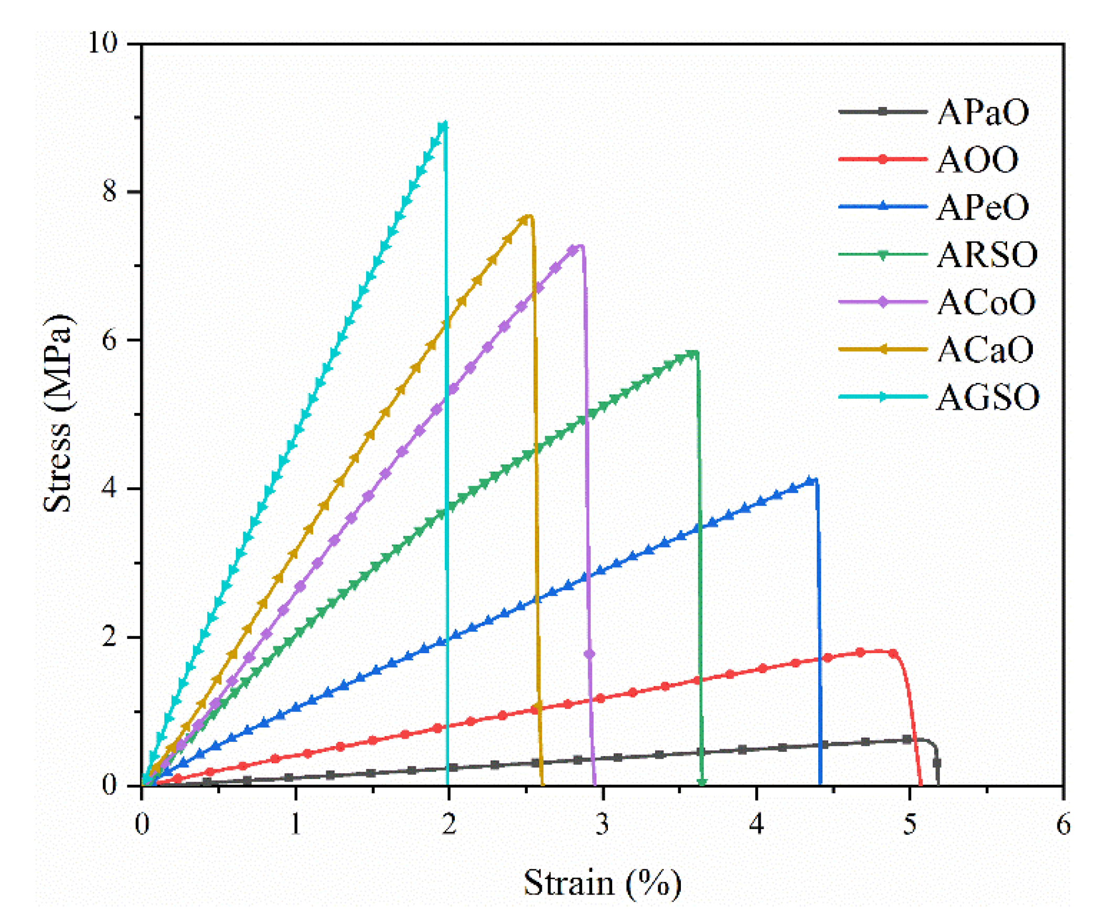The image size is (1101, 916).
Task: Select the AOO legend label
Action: pyautogui.click(x=977, y=159)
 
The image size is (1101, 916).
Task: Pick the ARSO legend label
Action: pyautogui.click(x=987, y=255)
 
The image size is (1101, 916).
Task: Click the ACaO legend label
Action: pyautogui.click(x=985, y=349)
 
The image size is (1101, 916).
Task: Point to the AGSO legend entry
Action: pyautogui.click(x=987, y=397)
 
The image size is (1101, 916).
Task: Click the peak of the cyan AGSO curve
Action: pyautogui.click(x=444, y=124)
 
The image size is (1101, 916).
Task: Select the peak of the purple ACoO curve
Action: pyautogui.click(x=579, y=247)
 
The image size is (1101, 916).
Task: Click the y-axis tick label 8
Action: pyautogui.click(x=109, y=191)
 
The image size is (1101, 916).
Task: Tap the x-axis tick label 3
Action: pyautogui.click(x=603, y=824)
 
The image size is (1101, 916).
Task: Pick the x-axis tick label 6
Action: pyautogui.click(x=1063, y=824)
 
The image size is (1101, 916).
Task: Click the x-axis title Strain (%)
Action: pyautogui.click(x=602, y=883)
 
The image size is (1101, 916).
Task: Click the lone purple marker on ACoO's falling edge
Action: pyautogui.click(x=589, y=654)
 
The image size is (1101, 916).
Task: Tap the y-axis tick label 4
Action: pyautogui.click(x=109, y=488)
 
